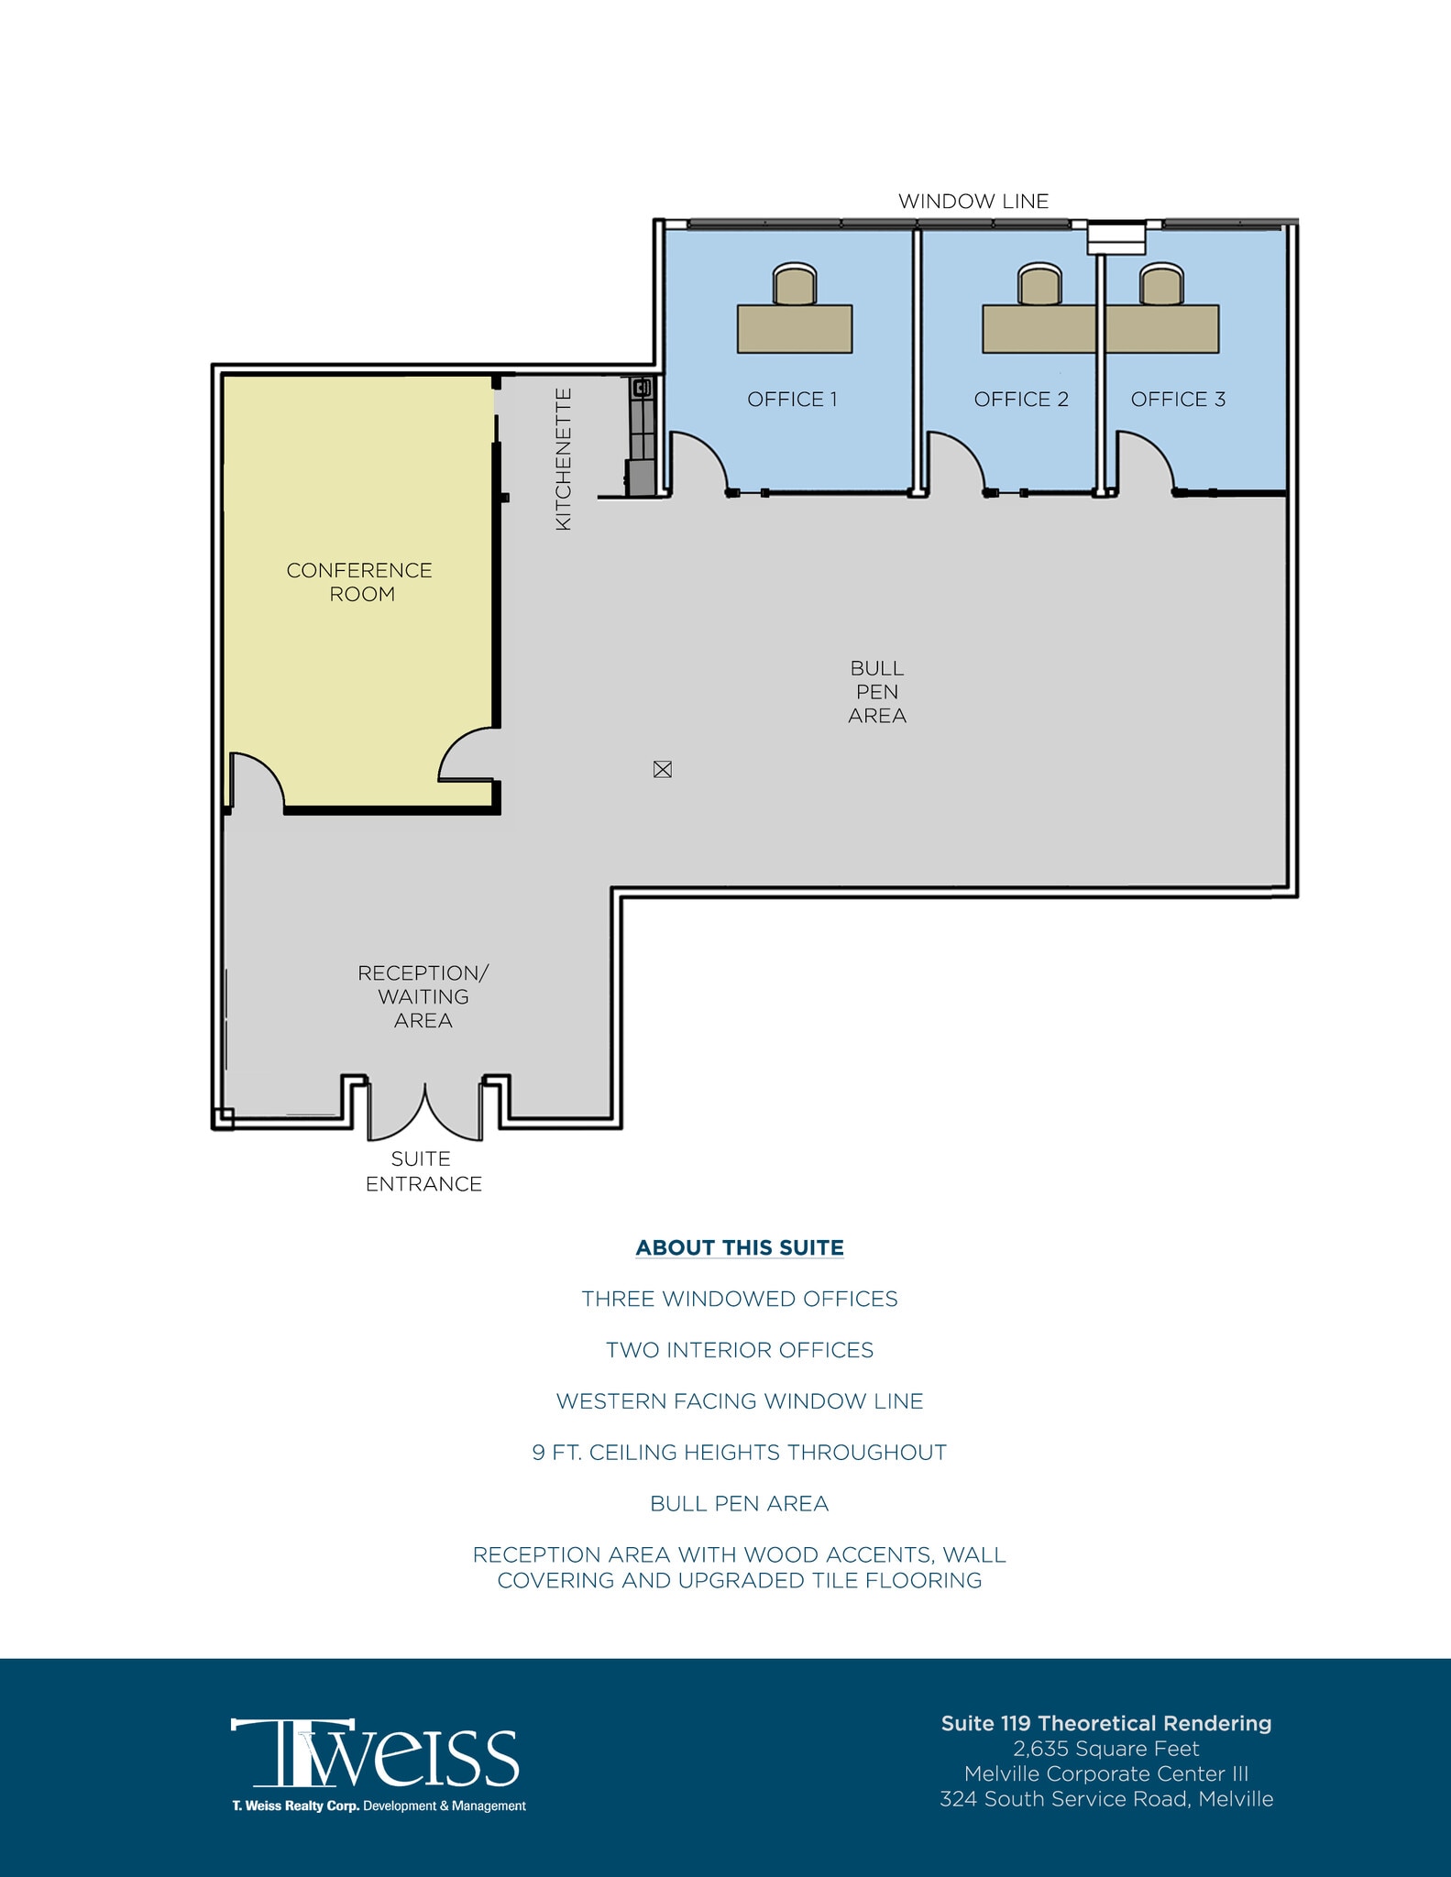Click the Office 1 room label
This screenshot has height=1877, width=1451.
(792, 400)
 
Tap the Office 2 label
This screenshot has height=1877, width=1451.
(1021, 400)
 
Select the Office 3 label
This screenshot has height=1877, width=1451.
(1178, 400)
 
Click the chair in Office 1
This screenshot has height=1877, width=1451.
(794, 284)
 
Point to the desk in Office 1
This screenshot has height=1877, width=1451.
(795, 329)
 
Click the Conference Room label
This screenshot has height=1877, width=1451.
(359, 582)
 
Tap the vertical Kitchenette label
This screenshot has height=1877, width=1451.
(564, 458)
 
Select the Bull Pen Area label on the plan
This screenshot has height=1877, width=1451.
(877, 692)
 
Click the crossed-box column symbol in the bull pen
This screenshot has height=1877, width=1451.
(663, 770)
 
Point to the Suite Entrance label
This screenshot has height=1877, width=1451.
(423, 1171)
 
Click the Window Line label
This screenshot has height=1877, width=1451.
(973, 202)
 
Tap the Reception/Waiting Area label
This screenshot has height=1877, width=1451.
(423, 996)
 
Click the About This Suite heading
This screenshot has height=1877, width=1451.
(740, 1247)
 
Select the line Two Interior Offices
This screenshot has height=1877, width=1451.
(740, 1350)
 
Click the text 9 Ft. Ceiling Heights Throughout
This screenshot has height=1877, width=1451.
(740, 1453)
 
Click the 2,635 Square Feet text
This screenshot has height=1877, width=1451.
(1106, 1749)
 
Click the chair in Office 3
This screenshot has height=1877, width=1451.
(1160, 284)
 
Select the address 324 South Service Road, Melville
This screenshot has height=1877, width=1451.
(1106, 1799)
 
